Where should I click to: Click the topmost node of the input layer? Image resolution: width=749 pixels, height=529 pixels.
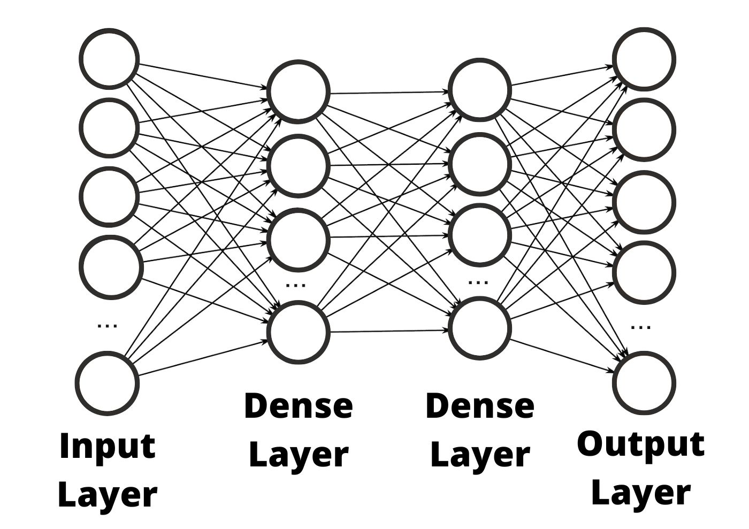click(109, 58)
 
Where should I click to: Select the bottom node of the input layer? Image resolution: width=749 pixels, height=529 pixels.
click(107, 382)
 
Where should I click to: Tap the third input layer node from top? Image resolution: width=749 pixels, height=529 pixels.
click(109, 196)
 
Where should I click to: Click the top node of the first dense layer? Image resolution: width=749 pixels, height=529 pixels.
click(298, 91)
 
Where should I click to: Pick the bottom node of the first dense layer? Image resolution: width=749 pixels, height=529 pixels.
click(298, 332)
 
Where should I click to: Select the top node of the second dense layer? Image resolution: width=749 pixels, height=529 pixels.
click(480, 89)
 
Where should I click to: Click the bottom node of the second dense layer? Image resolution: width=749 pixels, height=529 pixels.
click(480, 328)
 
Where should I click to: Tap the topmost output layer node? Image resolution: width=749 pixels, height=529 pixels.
click(644, 58)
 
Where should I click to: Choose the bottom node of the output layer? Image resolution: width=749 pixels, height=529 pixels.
click(644, 382)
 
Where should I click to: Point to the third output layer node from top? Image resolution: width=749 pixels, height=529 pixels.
click(644, 202)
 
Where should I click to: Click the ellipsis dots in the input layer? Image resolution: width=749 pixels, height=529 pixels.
click(108, 325)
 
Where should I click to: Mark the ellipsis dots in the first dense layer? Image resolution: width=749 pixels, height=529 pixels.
click(296, 285)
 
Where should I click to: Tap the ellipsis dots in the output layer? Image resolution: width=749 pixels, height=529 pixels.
click(641, 326)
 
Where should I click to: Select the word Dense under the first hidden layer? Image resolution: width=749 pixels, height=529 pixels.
click(298, 406)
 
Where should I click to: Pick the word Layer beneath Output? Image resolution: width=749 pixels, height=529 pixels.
click(640, 493)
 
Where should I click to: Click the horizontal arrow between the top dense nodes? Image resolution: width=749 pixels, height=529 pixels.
click(389, 93)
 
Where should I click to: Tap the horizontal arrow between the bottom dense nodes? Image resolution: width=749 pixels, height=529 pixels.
click(389, 331)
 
